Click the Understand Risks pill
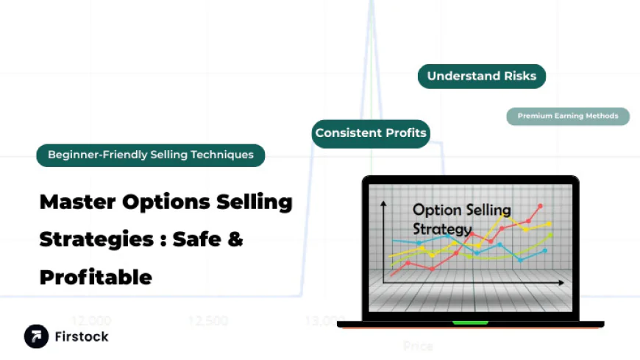tap(482, 76)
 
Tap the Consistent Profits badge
tap(371, 133)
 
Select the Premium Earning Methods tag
tap(568, 116)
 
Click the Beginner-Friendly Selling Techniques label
tap(151, 155)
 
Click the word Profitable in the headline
tap(96, 277)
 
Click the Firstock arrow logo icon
tap(36, 336)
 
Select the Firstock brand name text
tap(81, 336)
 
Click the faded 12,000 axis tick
tap(91, 321)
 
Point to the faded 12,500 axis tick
tap(207, 321)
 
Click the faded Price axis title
tap(418, 345)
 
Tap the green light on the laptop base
tap(470, 322)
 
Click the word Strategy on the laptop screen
tap(441, 228)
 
